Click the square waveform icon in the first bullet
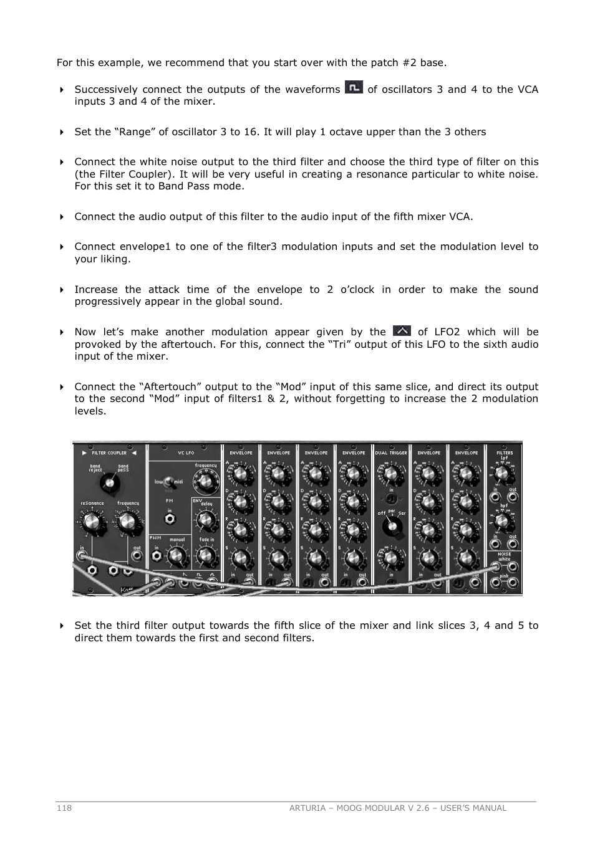(354, 88)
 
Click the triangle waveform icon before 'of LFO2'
(402, 331)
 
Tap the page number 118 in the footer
(64, 808)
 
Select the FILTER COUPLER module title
(109, 453)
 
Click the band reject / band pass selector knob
(109, 482)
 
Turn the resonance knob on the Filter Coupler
(92, 522)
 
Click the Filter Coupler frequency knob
(127, 522)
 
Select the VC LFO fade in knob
(206, 556)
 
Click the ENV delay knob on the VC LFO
(205, 520)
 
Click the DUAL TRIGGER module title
(391, 453)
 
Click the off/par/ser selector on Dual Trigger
(392, 527)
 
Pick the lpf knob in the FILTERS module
(503, 474)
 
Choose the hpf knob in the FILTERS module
(503, 520)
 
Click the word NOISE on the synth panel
(504, 554)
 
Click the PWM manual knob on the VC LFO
(177, 556)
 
